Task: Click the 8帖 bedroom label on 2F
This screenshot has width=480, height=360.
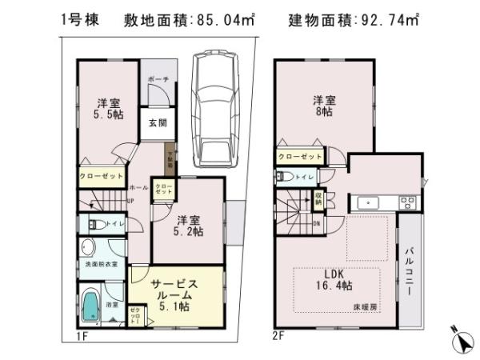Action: click(x=324, y=107)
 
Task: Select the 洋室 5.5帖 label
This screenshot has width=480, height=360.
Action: click(x=110, y=109)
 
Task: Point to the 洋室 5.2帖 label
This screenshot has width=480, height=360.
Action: click(x=189, y=226)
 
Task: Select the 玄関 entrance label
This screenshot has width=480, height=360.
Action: click(x=156, y=123)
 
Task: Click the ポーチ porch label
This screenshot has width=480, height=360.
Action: click(x=156, y=80)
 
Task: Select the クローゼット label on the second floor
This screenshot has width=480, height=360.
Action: click(x=301, y=156)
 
